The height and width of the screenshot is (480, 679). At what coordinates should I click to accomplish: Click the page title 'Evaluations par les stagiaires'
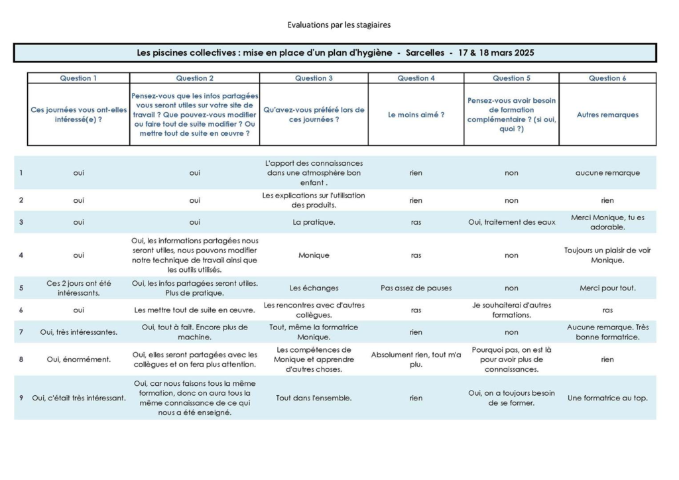[339, 25]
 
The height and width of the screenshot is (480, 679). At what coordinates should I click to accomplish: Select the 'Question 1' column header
[78, 78]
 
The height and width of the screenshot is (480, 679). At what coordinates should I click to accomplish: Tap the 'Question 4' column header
[416, 78]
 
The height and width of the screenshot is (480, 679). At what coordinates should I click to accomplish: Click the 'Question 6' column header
[607, 78]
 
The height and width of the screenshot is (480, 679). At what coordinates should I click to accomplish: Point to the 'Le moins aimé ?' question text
[416, 115]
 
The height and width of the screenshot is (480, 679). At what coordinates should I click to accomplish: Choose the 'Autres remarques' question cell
[607, 115]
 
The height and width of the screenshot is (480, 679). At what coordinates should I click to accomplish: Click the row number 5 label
[21, 288]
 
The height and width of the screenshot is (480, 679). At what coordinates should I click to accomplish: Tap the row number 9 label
[21, 398]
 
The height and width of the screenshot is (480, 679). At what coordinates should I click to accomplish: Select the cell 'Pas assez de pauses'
[416, 288]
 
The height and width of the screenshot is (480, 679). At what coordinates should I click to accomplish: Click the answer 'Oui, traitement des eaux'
[511, 222]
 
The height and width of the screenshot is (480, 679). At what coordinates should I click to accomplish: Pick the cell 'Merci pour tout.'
[607, 288]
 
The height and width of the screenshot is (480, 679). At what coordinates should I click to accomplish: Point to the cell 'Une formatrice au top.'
[607, 398]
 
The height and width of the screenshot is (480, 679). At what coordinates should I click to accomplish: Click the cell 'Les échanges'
[314, 288]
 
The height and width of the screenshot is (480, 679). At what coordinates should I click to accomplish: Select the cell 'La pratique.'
[314, 222]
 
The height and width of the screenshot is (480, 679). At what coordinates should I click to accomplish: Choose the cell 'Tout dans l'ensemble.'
[314, 398]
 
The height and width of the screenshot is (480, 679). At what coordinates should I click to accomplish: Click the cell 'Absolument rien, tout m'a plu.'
[416, 359]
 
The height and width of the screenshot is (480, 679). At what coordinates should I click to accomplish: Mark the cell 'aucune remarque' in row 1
[607, 173]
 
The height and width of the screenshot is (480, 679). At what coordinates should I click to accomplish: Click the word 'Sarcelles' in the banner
[424, 52]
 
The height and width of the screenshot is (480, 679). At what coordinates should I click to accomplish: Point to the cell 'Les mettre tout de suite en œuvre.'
[194, 310]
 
